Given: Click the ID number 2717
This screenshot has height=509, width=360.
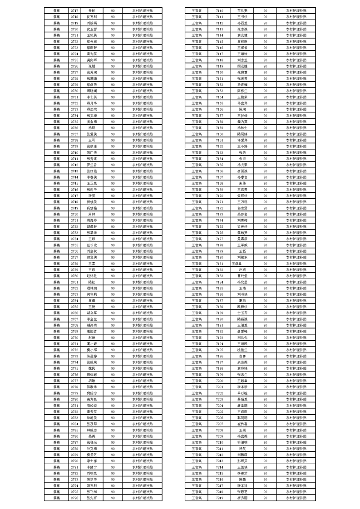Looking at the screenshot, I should (x=75, y=10).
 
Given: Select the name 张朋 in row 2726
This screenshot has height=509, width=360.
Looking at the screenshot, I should (x=92, y=66).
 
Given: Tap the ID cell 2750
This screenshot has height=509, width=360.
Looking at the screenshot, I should (x=75, y=214).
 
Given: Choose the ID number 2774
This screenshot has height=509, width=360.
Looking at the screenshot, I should (x=75, y=362).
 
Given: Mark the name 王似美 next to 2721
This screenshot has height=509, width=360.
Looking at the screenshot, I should (x=92, y=34).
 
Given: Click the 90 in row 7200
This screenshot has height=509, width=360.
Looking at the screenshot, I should (x=265, y=380).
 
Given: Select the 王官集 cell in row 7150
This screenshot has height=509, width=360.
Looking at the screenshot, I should (x=197, y=72).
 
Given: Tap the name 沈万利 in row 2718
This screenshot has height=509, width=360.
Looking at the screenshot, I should (x=92, y=16).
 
